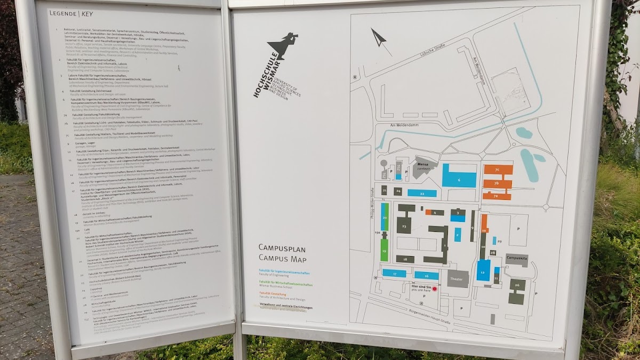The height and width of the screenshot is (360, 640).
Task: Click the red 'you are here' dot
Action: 434,289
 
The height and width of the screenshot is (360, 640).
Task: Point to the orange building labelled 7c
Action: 498,170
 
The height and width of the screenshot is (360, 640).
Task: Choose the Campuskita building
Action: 516,260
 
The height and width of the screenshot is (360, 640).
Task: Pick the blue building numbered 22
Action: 422,193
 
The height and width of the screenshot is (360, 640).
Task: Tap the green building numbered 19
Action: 384,250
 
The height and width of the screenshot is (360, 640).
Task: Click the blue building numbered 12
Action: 483,270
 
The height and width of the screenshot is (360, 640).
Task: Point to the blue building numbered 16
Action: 427,276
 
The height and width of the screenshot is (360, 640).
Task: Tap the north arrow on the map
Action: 379,38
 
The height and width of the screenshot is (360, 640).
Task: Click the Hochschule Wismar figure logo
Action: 285,47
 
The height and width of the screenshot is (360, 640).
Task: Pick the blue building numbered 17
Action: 394,273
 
